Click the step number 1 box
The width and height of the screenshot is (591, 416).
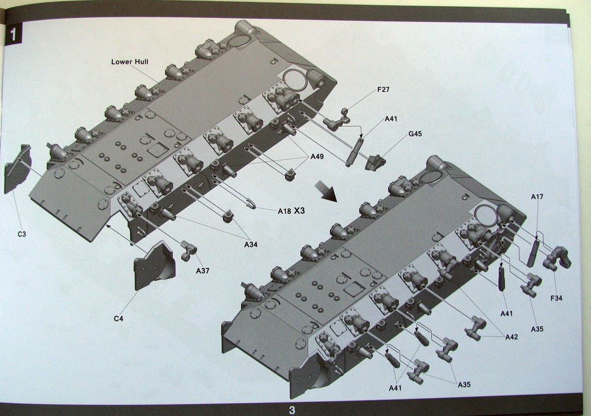(x=14, y=34)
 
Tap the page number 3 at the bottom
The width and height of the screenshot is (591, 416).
(x=292, y=410)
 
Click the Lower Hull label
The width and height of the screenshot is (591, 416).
(x=130, y=62)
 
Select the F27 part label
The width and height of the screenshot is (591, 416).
(x=383, y=90)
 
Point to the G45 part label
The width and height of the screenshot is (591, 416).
(x=415, y=134)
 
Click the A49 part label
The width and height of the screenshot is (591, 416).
(x=317, y=157)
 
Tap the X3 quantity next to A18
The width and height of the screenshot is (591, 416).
(x=299, y=211)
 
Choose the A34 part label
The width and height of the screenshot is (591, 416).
(x=250, y=244)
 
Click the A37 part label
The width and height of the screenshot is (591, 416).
(x=202, y=270)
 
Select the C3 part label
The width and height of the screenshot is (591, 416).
(x=21, y=234)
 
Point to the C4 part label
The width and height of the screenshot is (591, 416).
(x=118, y=318)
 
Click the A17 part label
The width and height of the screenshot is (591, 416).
(x=537, y=197)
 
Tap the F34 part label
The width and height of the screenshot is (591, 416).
(x=556, y=298)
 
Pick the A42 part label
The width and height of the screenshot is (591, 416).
(x=511, y=337)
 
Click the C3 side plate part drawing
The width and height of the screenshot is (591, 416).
(x=17, y=169)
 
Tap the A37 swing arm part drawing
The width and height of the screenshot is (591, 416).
(x=189, y=250)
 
